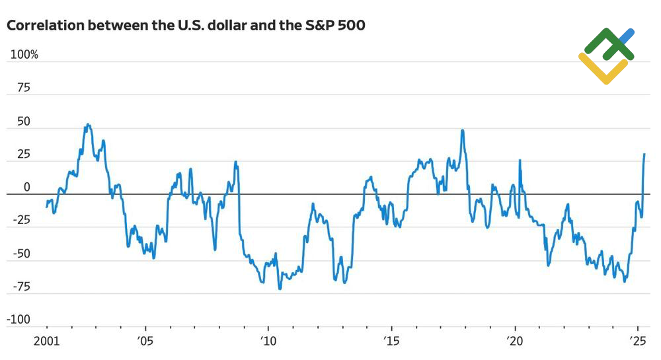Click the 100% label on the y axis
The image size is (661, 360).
24,55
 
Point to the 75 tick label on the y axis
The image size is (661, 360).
24,88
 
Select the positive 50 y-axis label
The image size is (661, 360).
24,122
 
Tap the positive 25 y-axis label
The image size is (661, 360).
24,155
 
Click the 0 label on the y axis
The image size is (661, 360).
27,188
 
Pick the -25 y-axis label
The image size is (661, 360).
21,221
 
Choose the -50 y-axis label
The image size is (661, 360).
21,254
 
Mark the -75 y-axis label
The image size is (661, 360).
21,287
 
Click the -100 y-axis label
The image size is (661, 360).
19,320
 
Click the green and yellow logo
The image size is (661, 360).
606,55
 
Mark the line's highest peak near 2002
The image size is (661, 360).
87,124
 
